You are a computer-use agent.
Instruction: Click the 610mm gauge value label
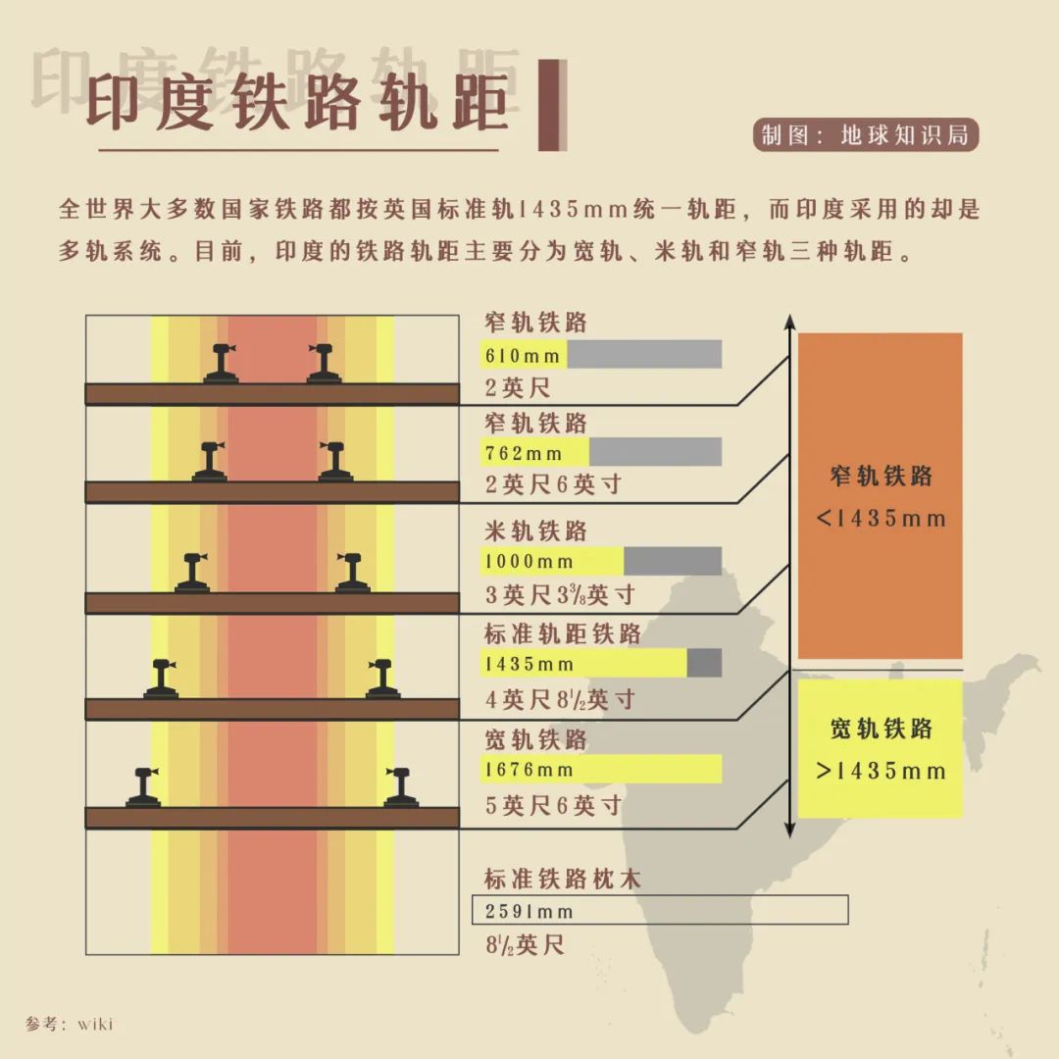coord(522,355)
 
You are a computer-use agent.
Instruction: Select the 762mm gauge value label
coord(524,452)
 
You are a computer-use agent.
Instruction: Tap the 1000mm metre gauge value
coord(529,561)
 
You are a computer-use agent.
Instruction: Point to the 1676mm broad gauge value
coord(529,769)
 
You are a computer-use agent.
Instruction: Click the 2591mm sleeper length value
coord(529,911)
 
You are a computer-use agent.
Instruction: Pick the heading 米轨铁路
coord(535,530)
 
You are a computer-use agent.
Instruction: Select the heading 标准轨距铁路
coord(562,633)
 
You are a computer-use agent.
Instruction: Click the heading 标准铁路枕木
coord(562,879)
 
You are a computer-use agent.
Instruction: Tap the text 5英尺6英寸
coord(553,805)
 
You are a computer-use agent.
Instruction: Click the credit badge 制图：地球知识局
coord(865,135)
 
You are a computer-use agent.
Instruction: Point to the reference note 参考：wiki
coord(69,1024)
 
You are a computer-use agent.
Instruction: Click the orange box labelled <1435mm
coord(880,495)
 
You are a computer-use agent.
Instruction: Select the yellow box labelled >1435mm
coord(880,748)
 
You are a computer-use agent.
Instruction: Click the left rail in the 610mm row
coord(222,364)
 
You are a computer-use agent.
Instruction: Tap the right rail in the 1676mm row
coord(400,787)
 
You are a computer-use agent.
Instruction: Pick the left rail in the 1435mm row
coord(161,679)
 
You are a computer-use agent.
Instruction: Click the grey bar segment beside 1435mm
coord(704,663)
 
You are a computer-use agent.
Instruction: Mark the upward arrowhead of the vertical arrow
coord(789,323)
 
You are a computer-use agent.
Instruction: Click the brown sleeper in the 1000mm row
coord(273,603)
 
